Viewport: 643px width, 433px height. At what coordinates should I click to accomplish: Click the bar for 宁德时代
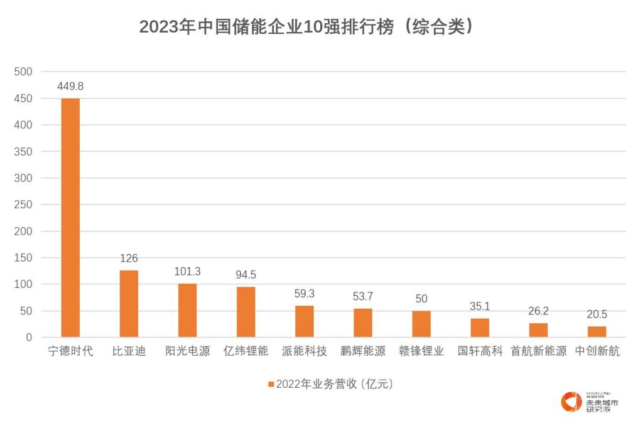click(x=70, y=217)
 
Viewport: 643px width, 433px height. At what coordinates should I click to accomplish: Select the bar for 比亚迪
click(x=129, y=304)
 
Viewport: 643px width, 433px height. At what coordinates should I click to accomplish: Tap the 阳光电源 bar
click(x=187, y=310)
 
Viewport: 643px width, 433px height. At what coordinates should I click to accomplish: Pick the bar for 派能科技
click(x=305, y=321)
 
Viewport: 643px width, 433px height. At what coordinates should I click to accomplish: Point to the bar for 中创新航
click(x=597, y=331)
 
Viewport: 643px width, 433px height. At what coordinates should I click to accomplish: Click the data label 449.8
click(x=70, y=87)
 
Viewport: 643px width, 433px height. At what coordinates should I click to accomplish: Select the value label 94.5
click(x=246, y=275)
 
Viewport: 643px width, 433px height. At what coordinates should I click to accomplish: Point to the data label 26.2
click(x=538, y=311)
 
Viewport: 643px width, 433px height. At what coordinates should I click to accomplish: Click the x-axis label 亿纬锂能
click(x=246, y=351)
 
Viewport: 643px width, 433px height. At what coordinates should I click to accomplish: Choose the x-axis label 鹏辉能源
click(x=363, y=351)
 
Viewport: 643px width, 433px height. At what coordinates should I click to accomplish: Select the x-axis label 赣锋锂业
click(x=421, y=351)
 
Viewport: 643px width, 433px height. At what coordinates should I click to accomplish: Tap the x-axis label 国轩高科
click(x=480, y=351)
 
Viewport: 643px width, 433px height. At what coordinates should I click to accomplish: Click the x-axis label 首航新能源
click(x=539, y=351)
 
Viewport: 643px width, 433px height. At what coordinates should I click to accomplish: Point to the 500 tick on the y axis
click(x=23, y=72)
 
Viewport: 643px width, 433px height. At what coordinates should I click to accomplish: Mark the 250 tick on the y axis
click(x=23, y=205)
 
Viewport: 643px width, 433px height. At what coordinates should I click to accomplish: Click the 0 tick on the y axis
click(x=29, y=338)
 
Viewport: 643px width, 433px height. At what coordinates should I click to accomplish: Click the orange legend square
click(x=271, y=384)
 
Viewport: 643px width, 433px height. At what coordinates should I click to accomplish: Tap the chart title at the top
click(x=306, y=26)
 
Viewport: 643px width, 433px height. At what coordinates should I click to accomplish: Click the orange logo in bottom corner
click(x=571, y=402)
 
